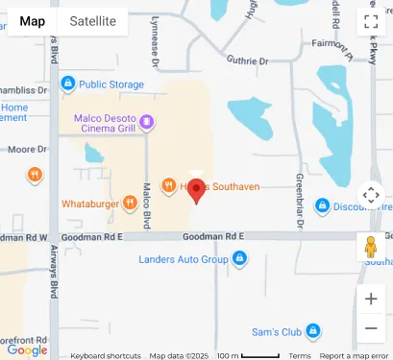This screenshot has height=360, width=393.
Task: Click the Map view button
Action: coord(32,21)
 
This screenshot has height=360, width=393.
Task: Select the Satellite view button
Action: coord(92,21)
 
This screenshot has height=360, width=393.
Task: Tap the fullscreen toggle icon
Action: coord(371,21)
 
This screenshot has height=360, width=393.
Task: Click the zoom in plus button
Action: coord(371,298)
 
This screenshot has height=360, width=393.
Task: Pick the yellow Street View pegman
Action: coord(371,247)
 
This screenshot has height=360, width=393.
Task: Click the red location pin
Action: coord(196,190)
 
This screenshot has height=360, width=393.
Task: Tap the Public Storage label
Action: coord(111,84)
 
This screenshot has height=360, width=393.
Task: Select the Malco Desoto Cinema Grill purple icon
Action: coord(146,122)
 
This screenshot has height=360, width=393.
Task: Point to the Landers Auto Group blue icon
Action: coord(239,258)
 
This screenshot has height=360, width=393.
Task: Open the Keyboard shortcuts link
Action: coord(106,355)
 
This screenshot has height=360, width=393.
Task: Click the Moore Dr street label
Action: coord(27,150)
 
